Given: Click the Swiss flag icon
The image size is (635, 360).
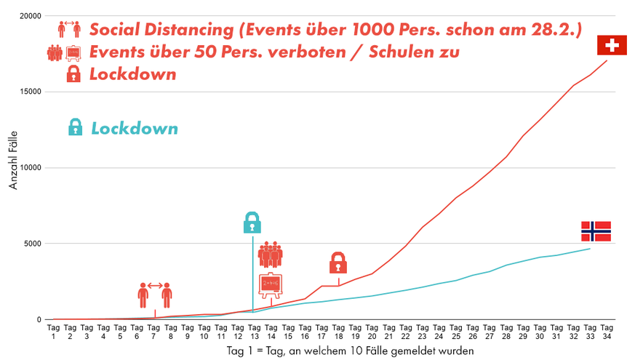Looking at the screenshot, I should coord(612,45).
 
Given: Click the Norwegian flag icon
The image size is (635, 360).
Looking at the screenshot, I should coord(596,231).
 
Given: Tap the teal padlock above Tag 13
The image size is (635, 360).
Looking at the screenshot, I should coord(252,222).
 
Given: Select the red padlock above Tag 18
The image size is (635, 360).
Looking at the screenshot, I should coord(338,263).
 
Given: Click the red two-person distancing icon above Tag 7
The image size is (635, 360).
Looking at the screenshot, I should coord(155,295).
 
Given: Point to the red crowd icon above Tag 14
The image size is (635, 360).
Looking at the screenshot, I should coord(270,255).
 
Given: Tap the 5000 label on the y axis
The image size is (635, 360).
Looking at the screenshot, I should coord(31,244).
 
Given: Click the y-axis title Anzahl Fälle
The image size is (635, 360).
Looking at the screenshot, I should coord(14,167).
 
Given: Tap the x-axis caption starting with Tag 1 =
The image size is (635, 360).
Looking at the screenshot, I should coord(350,351).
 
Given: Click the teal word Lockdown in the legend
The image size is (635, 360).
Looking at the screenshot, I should coord(135,129).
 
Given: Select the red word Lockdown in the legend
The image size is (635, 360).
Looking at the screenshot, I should coord(133,74).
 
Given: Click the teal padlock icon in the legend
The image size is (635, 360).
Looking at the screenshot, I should coord(74,128).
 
